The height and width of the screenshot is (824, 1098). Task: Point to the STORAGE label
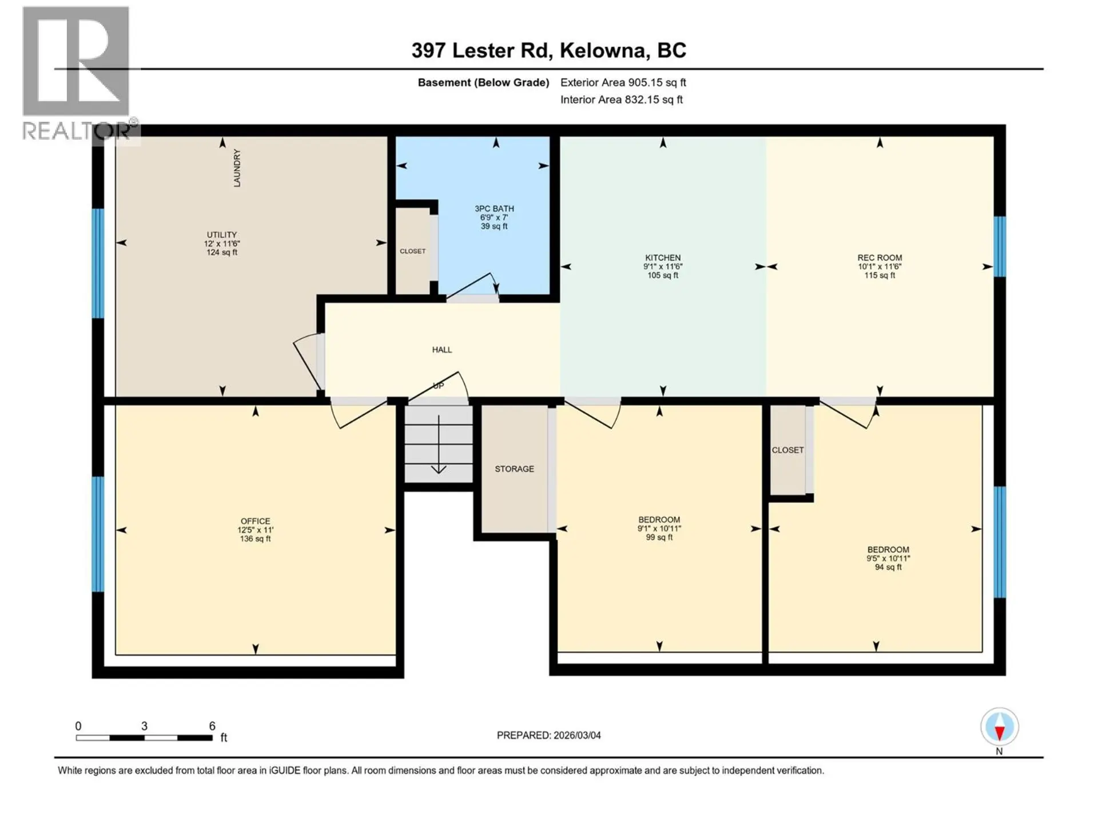(x=514, y=469)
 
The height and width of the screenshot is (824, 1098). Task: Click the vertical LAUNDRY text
(x=237, y=168)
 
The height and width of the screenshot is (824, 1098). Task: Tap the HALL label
(x=441, y=350)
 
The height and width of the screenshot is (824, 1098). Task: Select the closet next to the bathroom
(x=413, y=251)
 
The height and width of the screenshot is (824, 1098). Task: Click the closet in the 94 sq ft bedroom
(x=788, y=450)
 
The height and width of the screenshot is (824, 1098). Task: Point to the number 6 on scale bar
(x=212, y=726)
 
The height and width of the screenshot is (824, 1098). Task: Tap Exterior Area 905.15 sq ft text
(x=623, y=82)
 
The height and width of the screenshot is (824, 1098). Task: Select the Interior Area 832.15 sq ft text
(x=621, y=100)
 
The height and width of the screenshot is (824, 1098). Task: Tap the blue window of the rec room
(x=999, y=246)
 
